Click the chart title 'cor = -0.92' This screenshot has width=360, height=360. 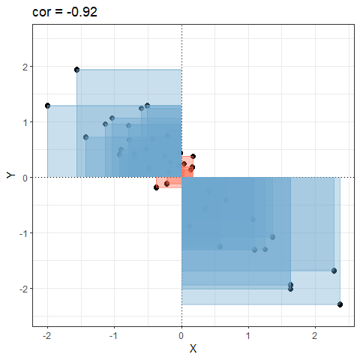pos(64,12)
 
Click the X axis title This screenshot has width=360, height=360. pos(193,349)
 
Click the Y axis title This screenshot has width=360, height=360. pos(10,175)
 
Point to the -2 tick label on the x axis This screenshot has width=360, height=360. pos(46,336)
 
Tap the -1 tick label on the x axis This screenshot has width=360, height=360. pos(113,336)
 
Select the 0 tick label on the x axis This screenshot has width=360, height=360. pos(181,336)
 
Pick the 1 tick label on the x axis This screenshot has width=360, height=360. pos(248,336)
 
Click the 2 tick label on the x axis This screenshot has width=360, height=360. pos(315,336)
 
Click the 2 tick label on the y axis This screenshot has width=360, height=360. pos(25,67)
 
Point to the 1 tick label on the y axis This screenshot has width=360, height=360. pos(25,122)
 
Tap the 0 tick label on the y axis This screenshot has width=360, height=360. pos(25,178)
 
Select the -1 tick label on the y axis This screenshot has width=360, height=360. pos(23,233)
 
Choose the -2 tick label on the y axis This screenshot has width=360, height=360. pos(23,289)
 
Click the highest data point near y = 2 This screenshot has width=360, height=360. pos(77,70)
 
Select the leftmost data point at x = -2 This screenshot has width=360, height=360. pos(48,106)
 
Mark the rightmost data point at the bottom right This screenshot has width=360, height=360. pos(340,304)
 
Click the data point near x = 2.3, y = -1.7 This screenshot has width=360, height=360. pos(334,271)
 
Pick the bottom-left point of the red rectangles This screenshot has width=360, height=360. pos(156,187)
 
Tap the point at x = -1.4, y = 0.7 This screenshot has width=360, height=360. pos(85,137)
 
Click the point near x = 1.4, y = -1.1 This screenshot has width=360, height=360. pos(273,237)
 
